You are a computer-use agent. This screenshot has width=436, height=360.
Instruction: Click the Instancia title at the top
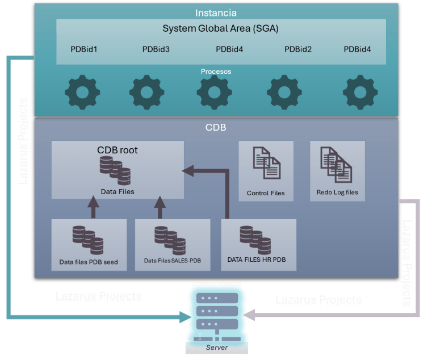(216, 12)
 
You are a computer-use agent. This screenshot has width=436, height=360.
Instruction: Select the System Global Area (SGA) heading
(220, 28)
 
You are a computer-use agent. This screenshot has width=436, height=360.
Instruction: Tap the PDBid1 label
(84, 49)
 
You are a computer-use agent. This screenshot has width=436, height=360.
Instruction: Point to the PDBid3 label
(156, 49)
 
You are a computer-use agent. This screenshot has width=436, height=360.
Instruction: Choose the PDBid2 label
(298, 49)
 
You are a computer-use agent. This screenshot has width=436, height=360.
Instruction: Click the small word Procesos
(216, 72)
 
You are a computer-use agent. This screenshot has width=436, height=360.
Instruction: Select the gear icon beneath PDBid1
(82, 92)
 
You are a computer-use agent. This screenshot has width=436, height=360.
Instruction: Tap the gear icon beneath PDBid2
(284, 92)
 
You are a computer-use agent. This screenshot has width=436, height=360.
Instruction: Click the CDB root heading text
(118, 150)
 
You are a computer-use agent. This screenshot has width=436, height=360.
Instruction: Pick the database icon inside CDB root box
(115, 171)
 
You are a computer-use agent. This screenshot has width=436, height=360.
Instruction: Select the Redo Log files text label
(337, 192)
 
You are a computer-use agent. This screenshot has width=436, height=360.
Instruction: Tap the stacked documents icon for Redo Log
(336, 165)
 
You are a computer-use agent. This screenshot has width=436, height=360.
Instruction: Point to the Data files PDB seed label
(89, 262)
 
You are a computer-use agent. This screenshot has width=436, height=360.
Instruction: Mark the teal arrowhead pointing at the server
(186, 317)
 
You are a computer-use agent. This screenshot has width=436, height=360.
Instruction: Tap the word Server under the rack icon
(216, 348)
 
